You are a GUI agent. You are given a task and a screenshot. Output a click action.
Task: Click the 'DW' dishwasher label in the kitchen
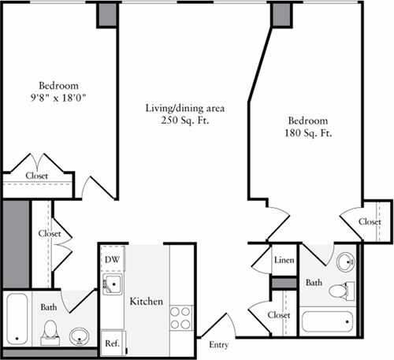point(111,258)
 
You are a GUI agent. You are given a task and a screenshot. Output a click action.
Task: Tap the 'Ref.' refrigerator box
point(112,343)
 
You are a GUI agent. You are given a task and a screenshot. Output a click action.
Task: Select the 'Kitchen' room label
point(146,302)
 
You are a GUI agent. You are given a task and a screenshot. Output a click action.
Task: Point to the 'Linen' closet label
point(284,260)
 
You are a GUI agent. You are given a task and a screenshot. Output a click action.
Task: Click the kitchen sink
point(113,284)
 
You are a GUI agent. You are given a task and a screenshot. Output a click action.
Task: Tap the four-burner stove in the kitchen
point(180,317)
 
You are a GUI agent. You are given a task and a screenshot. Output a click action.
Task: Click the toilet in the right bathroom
point(338,290)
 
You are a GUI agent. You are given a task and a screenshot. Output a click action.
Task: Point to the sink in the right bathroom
point(344,261)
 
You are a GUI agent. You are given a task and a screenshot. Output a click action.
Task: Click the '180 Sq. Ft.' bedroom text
point(308,133)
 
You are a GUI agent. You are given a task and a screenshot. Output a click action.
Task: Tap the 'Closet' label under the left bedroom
point(37,176)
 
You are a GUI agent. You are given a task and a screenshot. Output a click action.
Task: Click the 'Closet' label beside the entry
point(278,316)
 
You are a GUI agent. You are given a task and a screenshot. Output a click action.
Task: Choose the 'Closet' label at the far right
point(370,222)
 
